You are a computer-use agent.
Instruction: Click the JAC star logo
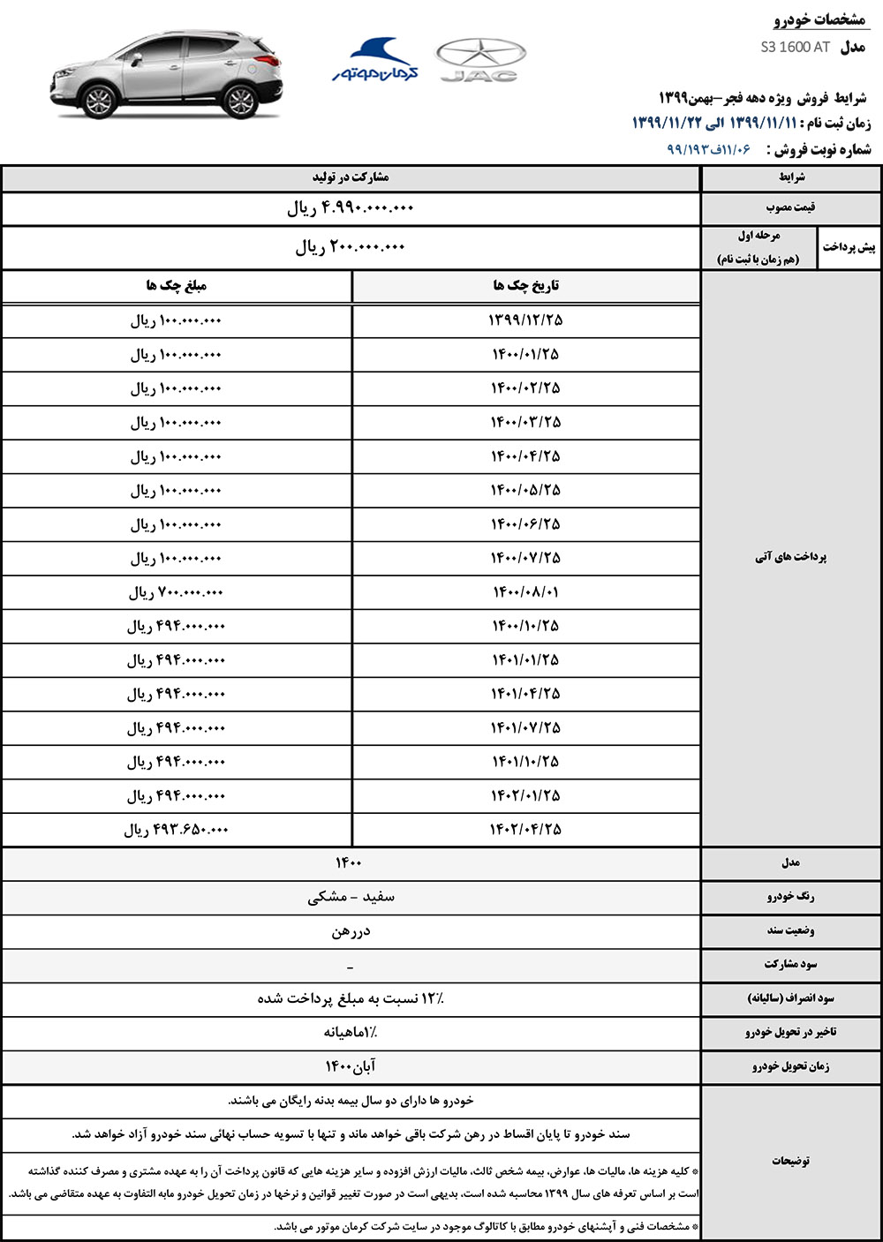[x=481, y=60]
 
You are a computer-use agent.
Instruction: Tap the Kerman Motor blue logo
[x=376, y=60]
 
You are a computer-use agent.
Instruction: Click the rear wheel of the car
[x=239, y=102]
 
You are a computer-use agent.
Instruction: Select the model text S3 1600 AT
[x=795, y=47]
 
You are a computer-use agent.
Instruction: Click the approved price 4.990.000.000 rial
[x=351, y=209]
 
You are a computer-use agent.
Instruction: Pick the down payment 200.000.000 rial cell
[x=351, y=248]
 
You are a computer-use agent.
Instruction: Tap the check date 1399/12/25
[x=525, y=320]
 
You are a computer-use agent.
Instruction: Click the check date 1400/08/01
[x=525, y=591]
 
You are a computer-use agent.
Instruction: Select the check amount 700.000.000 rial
[x=176, y=592]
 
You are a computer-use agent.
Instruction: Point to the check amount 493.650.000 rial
[x=176, y=830]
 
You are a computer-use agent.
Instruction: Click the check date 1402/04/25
[x=525, y=830]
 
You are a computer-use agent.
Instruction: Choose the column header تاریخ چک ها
[x=525, y=286]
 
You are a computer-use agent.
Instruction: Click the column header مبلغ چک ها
[x=176, y=286]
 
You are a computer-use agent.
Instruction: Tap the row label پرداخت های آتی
[x=790, y=557]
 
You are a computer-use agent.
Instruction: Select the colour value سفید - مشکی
[x=351, y=897]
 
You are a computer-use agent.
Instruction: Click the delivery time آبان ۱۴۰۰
[x=351, y=1066]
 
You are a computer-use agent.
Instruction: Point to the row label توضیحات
[x=790, y=1161]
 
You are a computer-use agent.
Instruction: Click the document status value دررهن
[x=351, y=931]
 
